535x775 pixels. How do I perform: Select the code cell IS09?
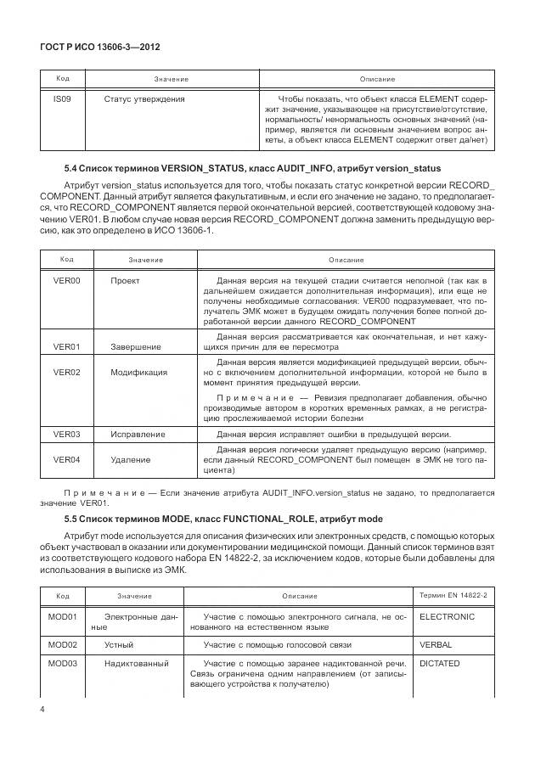click(x=62, y=99)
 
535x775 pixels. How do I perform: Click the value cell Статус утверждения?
click(x=144, y=99)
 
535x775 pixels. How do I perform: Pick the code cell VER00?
click(x=66, y=279)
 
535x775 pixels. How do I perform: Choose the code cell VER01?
click(x=66, y=346)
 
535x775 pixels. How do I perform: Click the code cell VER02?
click(x=66, y=372)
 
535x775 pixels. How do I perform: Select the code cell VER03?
click(x=66, y=434)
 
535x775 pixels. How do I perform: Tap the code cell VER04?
click(x=66, y=459)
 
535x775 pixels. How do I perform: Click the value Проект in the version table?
click(x=125, y=279)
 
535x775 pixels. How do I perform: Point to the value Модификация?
click(x=138, y=372)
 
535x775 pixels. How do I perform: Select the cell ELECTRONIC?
click(x=447, y=617)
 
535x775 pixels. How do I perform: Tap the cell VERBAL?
click(x=436, y=645)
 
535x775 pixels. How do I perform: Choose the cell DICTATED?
click(x=440, y=663)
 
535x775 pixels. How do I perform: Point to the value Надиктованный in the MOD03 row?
click(x=136, y=663)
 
